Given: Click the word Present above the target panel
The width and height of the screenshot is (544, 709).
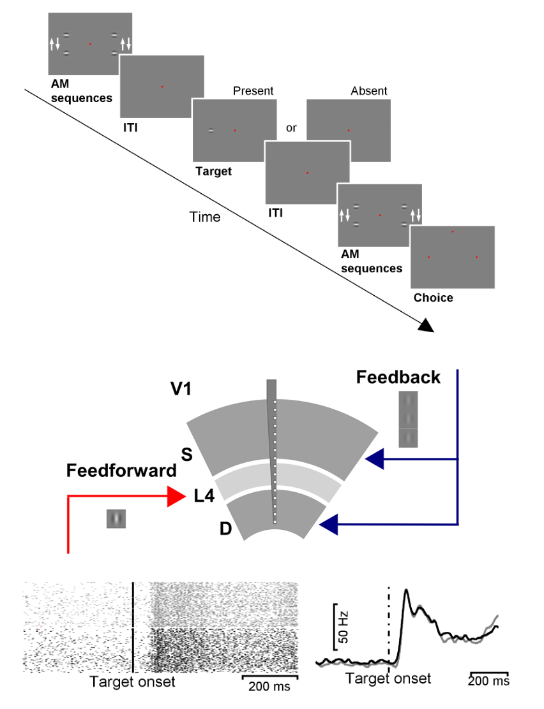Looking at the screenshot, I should point(253,91).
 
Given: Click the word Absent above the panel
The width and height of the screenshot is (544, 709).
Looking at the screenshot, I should point(368,91).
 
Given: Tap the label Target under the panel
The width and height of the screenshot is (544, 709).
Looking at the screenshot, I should point(214,171).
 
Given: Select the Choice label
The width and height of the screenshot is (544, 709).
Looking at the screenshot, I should point(433,297).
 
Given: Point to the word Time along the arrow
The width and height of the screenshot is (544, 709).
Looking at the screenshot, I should point(205,217).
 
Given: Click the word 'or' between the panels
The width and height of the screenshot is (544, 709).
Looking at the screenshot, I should point(291,128).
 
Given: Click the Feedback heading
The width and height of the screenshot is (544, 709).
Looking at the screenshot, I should point(398,377).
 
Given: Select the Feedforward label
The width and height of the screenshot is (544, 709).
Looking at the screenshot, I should point(121,471).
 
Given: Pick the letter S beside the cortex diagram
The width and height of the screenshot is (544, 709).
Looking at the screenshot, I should point(187,454).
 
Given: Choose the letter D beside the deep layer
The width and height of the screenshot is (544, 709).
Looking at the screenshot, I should point(225,529).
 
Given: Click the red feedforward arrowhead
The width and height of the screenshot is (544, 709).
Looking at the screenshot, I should point(176,496).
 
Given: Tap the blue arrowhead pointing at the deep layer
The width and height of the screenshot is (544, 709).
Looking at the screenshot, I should point(328,525).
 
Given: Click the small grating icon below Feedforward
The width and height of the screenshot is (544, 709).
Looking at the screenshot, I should point(117,518).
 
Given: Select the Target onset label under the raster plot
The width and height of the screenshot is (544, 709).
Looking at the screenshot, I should point(132,682).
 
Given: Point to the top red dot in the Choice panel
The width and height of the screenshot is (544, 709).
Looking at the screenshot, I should point(452,231).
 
